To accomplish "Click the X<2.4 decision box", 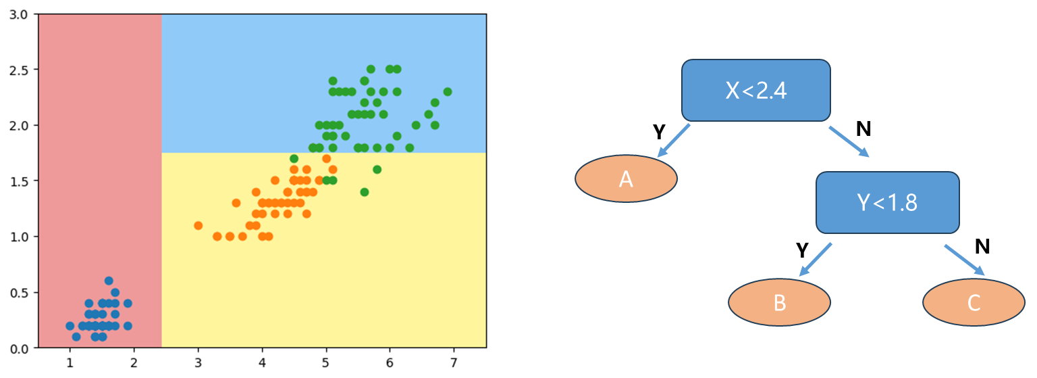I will point(755,91).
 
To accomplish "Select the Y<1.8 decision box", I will point(887,202).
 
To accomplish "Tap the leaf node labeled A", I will point(626,179).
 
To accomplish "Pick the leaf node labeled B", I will point(779,302).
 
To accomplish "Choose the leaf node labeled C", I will point(973,302).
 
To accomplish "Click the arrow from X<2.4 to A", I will point(673,141).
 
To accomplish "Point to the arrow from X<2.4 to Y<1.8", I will point(849,141).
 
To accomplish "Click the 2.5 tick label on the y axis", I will point(19,70).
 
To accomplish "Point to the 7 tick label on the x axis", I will point(454,363).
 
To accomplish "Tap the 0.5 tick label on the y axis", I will point(19,292).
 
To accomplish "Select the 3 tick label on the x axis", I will point(198,363).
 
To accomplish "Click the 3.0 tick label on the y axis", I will point(19,14).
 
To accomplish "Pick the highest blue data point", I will point(109,281).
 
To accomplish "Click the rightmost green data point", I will point(447,91).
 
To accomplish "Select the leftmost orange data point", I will point(198,225).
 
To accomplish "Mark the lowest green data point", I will point(364,192).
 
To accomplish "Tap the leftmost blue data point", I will point(70,325).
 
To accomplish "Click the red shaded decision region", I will point(100,169).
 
